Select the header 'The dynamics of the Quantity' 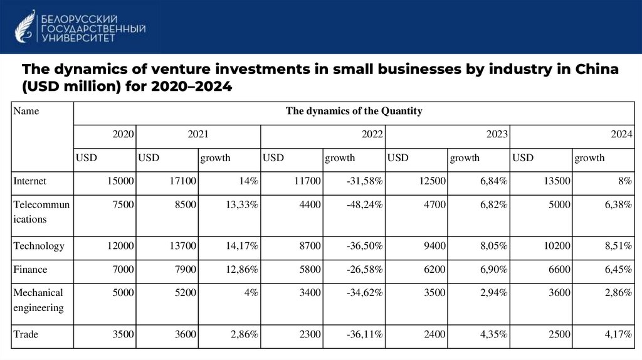[x=354, y=112]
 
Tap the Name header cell [x=26, y=112]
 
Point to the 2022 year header [x=373, y=134]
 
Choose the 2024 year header [x=621, y=134]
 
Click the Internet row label [x=30, y=181]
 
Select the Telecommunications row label [x=41, y=212]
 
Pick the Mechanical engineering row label [x=38, y=300]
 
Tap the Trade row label [x=26, y=334]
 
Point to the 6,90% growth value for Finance [x=494, y=269]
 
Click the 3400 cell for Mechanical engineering [x=310, y=292]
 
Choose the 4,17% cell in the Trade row [x=619, y=334]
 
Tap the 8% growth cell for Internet [x=624, y=181]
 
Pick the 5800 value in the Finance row [x=310, y=269]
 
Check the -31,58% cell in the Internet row [x=364, y=181]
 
